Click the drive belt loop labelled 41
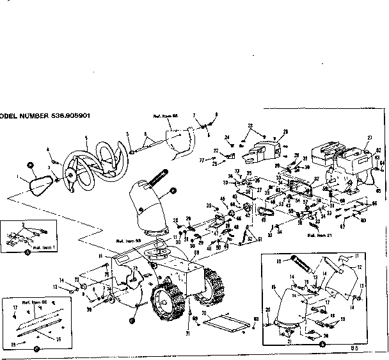[264, 212]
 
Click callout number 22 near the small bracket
[216, 151]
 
